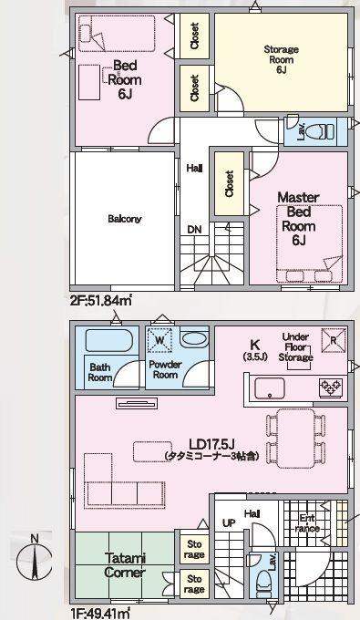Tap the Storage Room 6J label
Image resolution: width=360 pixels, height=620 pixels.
pos(281,59)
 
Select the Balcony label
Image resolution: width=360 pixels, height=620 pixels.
pos(125,219)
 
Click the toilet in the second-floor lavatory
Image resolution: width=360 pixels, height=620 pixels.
pos(325,131)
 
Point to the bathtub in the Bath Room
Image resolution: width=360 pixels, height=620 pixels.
pos(108,340)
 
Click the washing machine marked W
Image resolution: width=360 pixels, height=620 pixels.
pos(159,340)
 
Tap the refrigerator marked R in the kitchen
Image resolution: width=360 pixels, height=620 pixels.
pos(334,340)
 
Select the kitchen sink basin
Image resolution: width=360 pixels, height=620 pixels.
pos(270,388)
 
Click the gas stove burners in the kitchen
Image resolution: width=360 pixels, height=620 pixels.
pos(331,387)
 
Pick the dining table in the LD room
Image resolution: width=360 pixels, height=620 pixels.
pos(296,439)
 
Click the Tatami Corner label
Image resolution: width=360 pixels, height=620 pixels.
pos(125,565)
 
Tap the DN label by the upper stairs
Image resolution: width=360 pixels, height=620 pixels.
pos(194,230)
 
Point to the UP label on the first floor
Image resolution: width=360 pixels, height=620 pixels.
pos(229,523)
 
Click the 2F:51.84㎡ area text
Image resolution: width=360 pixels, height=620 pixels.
pos(101,301)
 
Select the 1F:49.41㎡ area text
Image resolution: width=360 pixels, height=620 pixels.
pos(101,614)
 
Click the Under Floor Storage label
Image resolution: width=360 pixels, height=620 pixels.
pos(296,347)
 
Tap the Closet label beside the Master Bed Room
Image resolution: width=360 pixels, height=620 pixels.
pos(229,183)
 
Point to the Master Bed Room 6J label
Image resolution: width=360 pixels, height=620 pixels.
pos(299,219)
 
